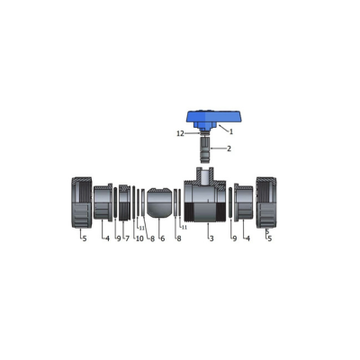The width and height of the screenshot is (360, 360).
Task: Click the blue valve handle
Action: click(213, 120)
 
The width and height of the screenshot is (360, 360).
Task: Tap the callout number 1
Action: click(231, 131)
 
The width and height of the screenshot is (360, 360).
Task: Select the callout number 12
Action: click(180, 134)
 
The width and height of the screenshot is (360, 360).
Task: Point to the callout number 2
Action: click(229, 148)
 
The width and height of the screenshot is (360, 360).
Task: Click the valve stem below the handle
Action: click(204, 148)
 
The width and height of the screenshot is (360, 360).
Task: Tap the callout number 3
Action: click(211, 238)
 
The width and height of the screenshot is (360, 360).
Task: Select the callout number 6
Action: click(163, 238)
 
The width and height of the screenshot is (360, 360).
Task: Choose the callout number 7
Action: click(127, 238)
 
